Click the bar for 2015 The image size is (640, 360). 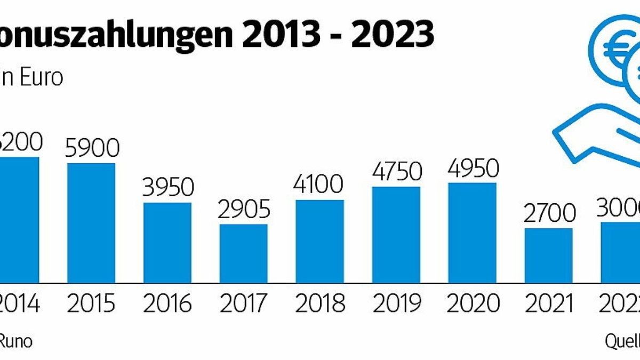pyautogui.click(x=91, y=222)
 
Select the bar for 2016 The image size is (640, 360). pyautogui.click(x=167, y=243)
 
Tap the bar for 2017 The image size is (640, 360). pyautogui.click(x=244, y=253)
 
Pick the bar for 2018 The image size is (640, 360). pyautogui.click(x=320, y=241)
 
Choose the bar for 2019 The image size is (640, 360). pyautogui.click(x=396, y=235)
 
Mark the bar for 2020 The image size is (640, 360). pyautogui.click(x=473, y=233)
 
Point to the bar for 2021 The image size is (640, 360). pyautogui.click(x=549, y=255)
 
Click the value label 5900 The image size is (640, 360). pyautogui.click(x=91, y=148)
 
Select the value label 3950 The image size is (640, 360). pyautogui.click(x=167, y=187)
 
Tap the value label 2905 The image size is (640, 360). pyautogui.click(x=244, y=209)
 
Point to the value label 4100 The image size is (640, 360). pyautogui.click(x=320, y=185)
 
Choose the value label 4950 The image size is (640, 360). pyautogui.click(x=473, y=168)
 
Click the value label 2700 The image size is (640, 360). pyautogui.click(x=549, y=213)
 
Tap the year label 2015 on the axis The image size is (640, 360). pyautogui.click(x=91, y=304)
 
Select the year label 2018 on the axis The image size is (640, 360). pyautogui.click(x=320, y=304)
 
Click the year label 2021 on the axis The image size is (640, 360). pyautogui.click(x=549, y=304)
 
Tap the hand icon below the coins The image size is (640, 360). pyautogui.click(x=592, y=136)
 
